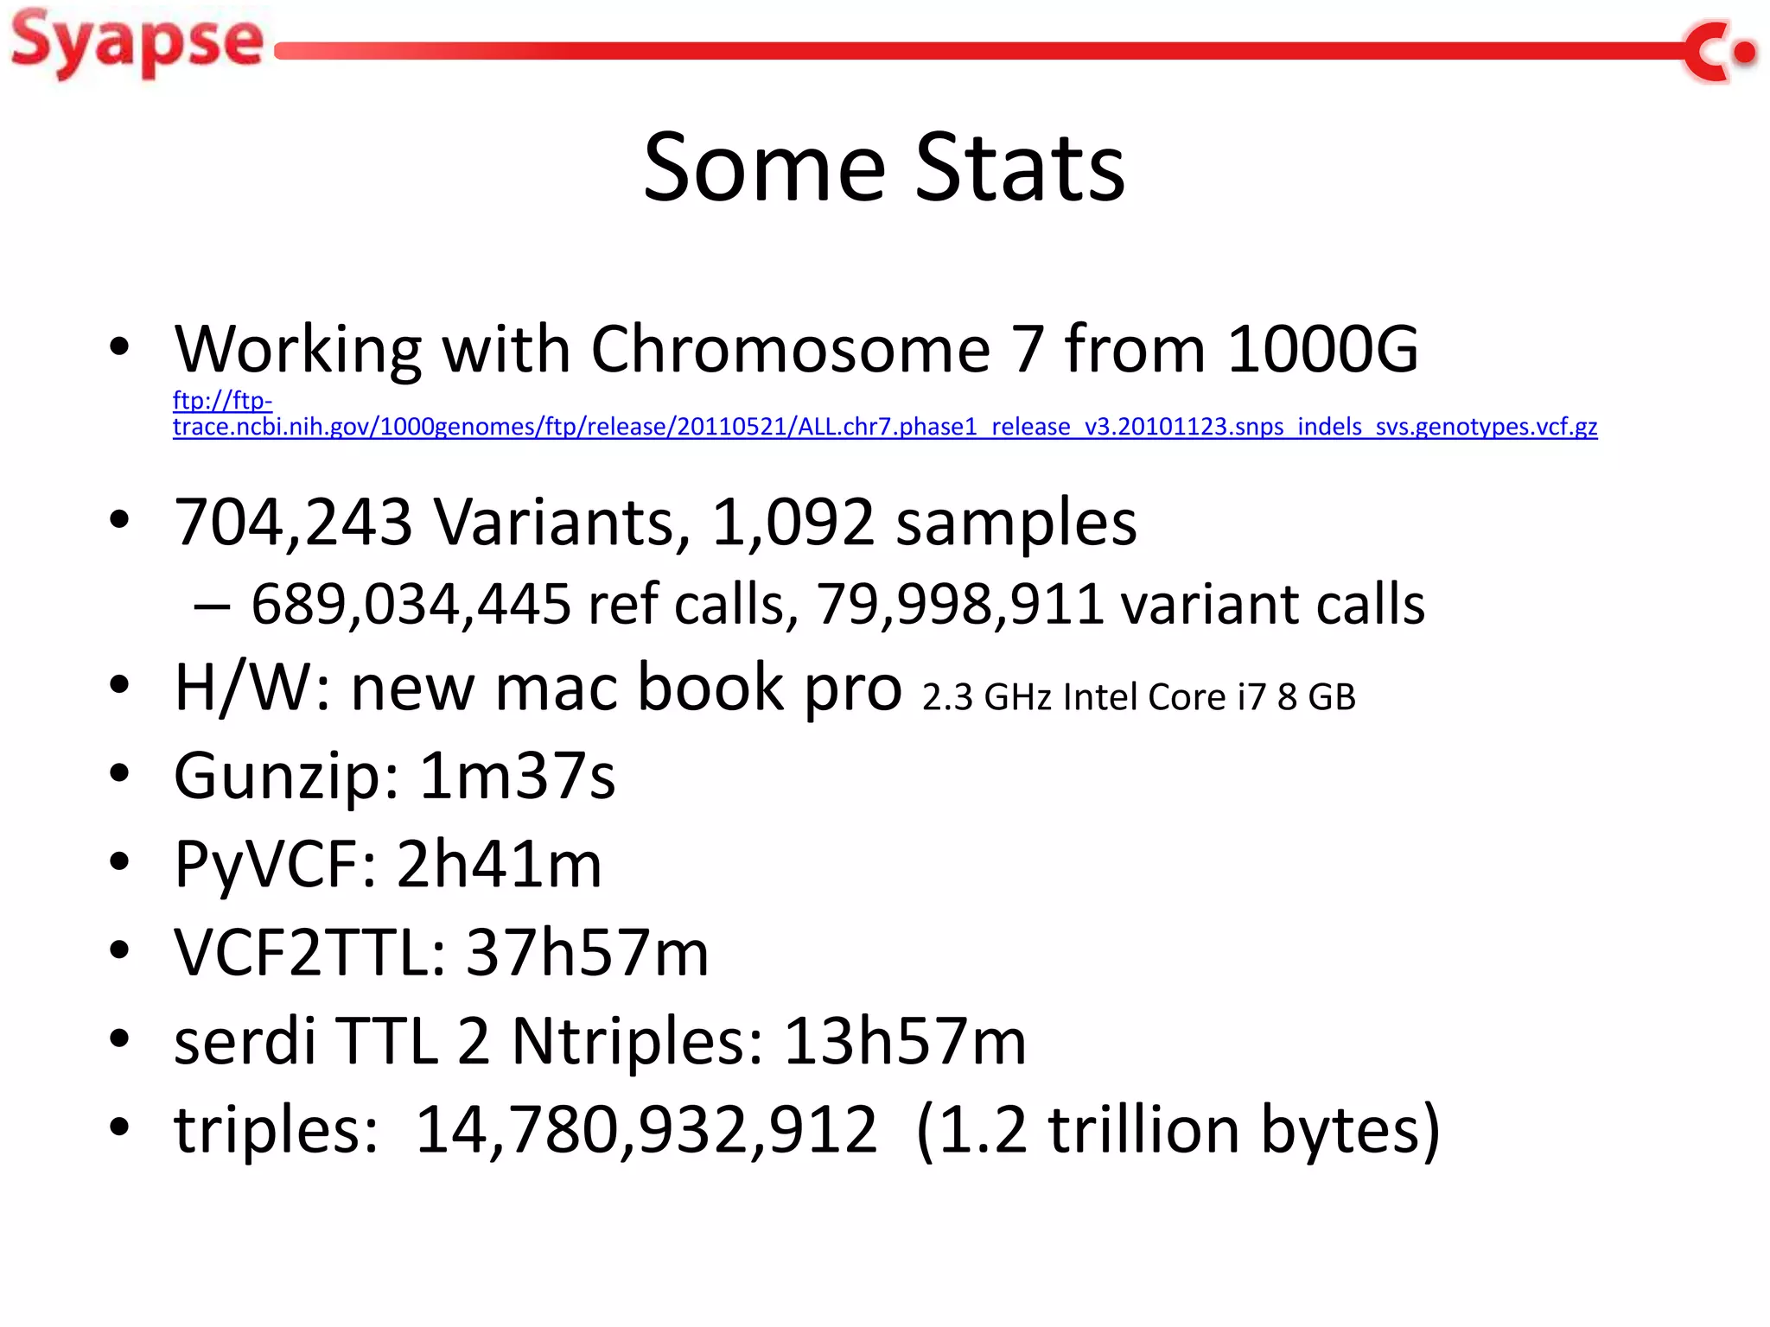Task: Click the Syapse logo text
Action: [137, 43]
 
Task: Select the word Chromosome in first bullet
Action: [790, 349]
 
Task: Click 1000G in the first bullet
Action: [1322, 349]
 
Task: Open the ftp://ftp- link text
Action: [222, 401]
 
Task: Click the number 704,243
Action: [293, 522]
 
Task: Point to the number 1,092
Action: [793, 522]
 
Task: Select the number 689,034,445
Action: [411, 604]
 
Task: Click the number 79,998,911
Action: [959, 604]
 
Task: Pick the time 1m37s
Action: [517, 776]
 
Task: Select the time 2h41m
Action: [499, 864]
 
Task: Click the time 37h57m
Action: [587, 953]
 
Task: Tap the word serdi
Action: [245, 1041]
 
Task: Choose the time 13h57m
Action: [904, 1041]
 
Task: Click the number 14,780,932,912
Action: [646, 1129]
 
